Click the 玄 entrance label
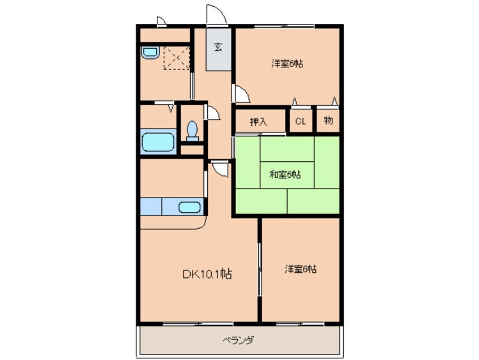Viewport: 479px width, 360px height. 218,47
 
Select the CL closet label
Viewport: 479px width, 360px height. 300,121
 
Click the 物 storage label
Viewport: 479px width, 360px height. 328,121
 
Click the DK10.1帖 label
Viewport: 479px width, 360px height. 206,275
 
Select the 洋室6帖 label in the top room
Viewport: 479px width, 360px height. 287,64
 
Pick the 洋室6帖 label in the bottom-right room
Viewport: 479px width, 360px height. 300,269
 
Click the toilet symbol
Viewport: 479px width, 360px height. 192,131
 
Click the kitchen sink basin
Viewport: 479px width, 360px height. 189,207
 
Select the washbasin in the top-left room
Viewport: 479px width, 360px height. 149,53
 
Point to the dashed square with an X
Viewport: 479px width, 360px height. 176,58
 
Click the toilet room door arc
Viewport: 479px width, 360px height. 213,113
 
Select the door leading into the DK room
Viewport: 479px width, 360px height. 220,168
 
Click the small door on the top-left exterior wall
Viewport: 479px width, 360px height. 161,22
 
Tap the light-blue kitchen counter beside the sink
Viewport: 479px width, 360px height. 151,207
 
